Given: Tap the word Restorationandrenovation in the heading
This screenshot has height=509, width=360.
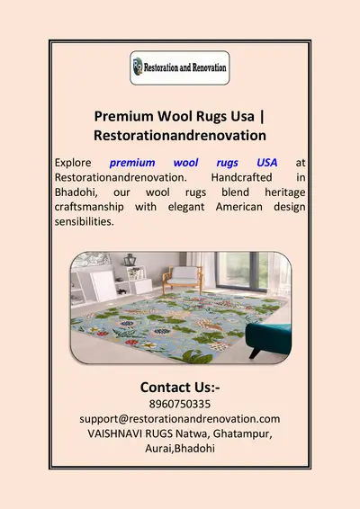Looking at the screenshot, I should [x=180, y=135].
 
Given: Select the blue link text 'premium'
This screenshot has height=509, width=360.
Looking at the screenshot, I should [x=133, y=163].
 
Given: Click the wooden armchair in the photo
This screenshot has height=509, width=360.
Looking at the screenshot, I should [x=184, y=273].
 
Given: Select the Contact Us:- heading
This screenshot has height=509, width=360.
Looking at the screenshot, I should [x=180, y=387].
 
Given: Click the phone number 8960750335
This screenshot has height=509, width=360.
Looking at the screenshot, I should [x=180, y=405].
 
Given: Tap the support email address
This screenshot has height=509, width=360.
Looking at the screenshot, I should [x=180, y=419].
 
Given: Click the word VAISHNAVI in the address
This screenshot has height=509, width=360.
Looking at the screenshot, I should [x=112, y=433].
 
